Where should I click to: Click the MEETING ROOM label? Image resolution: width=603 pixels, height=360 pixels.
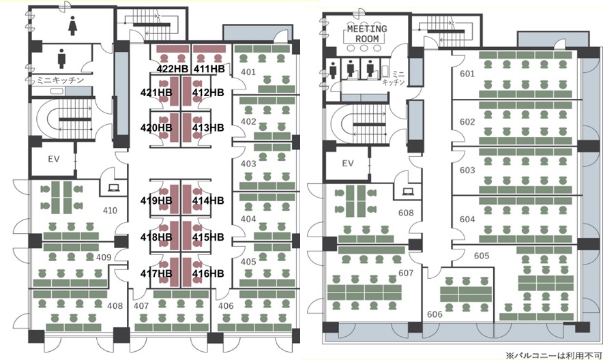coord(367,34)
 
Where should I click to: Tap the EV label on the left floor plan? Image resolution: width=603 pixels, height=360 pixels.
coord(54,159)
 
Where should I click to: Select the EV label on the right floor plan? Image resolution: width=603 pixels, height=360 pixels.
coord(348,163)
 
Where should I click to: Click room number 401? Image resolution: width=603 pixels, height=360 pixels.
coord(248,72)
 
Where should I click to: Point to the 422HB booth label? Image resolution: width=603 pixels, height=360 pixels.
coord(173,69)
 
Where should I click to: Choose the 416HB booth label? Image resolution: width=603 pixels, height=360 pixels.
coord(208,273)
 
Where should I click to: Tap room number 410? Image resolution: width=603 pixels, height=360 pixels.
coord(110,210)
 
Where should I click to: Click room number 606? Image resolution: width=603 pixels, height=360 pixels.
coord(435,314)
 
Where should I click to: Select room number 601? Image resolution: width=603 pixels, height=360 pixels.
coord(467,74)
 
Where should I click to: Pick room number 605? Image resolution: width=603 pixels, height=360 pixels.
coord(482,256)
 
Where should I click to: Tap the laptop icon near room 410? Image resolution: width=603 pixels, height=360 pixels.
coord(114,188)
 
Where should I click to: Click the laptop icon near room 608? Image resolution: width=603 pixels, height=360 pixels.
coord(407,192)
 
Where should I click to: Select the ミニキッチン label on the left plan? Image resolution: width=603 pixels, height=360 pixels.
coord(60,80)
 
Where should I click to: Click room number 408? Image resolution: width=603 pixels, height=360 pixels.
coord(115,306)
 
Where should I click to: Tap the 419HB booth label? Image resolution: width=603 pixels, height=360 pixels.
coord(156,200)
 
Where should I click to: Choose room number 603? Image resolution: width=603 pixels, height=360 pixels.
coord(467,170)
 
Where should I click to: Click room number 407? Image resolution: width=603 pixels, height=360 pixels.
coord(141,306)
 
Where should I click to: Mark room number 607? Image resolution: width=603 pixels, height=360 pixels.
coord(406,273)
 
